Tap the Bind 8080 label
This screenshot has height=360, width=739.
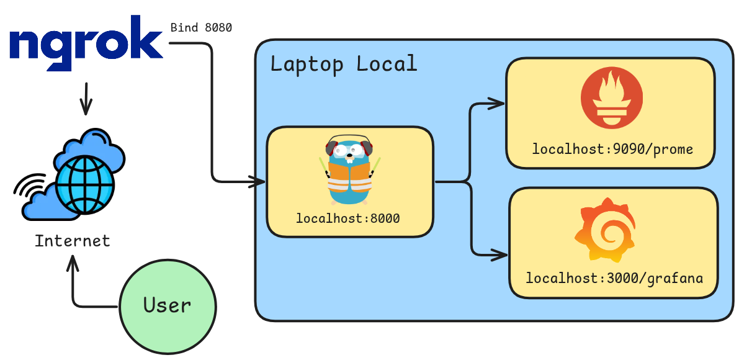point(201,28)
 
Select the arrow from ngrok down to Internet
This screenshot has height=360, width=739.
point(86,99)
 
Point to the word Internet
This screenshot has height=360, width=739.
point(72,241)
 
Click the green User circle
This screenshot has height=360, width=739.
point(167,305)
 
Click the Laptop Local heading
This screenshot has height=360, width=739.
point(343,64)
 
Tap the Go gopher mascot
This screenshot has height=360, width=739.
point(349,174)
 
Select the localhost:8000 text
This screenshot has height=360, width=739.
point(347,218)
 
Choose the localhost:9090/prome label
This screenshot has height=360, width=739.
point(612,150)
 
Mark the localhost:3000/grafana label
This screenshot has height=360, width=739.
point(614,278)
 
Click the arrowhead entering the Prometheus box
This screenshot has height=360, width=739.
point(497,104)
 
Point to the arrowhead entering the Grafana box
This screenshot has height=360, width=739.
point(500,253)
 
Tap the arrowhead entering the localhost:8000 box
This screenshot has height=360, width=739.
point(259,182)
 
